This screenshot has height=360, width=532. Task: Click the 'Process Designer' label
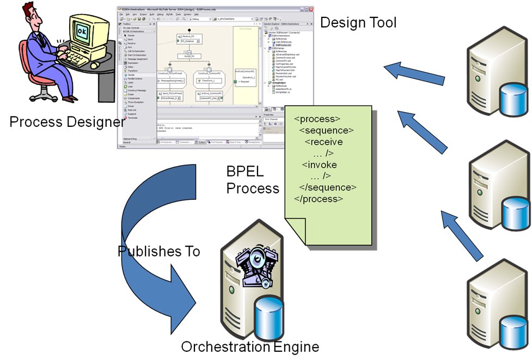tap(67, 121)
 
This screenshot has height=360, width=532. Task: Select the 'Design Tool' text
tap(358, 22)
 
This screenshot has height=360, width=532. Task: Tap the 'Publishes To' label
tap(158, 251)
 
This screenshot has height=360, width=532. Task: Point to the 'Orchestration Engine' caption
tap(250, 346)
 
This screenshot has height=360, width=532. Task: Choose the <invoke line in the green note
tap(320, 164)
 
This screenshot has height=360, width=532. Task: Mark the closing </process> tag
tap(319, 198)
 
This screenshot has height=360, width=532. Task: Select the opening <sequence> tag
tap(327, 130)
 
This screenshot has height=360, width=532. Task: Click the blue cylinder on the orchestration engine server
tap(271, 316)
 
